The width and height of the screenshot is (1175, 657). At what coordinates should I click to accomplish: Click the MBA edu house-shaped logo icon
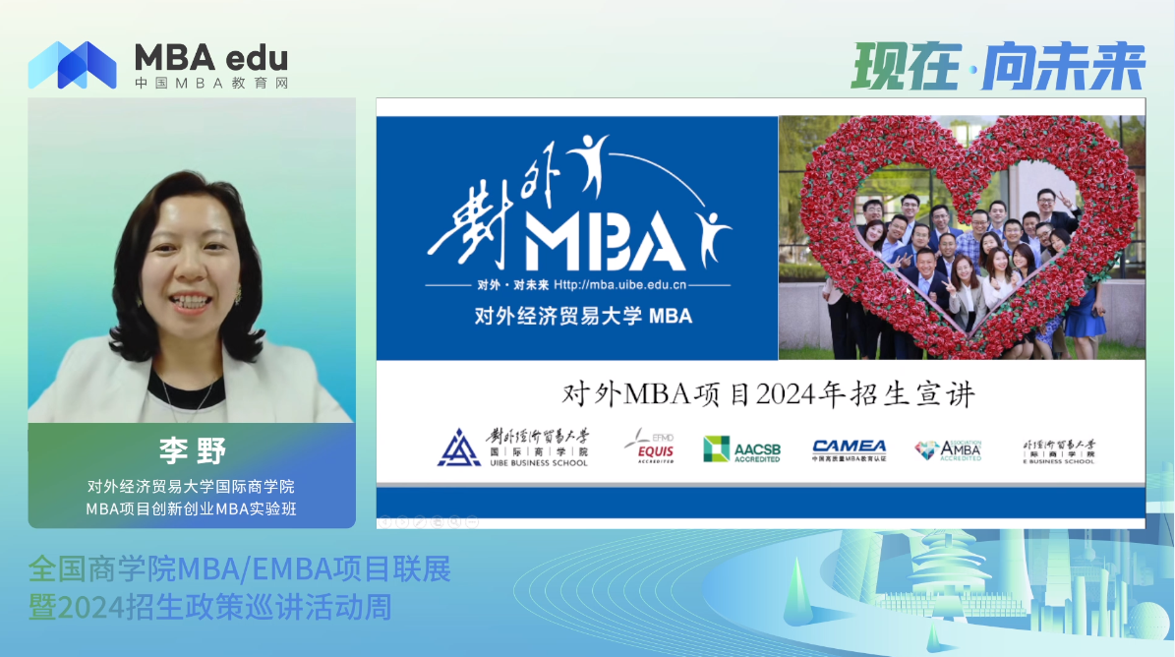coord(73,65)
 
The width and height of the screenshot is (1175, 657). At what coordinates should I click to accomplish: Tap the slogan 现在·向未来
coord(998,66)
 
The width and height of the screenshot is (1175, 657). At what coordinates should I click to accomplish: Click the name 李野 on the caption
coord(193,451)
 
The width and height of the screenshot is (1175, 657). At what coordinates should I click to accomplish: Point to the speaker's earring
coord(237,294)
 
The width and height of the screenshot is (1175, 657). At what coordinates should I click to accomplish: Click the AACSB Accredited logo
coord(742,449)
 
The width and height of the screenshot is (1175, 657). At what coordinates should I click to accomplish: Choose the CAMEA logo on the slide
coord(849,448)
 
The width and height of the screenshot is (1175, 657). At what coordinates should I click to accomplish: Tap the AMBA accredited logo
coord(949,449)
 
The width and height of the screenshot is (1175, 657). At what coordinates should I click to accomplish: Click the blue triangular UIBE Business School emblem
coord(459,448)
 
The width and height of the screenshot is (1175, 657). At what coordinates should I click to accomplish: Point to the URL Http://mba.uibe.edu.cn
coord(619,285)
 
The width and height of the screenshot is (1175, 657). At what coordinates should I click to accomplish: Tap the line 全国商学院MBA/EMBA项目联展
coord(240,568)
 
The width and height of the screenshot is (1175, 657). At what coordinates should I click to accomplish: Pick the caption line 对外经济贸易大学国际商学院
coord(192,486)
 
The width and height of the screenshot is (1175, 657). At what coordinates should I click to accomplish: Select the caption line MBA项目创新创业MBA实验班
coord(192,508)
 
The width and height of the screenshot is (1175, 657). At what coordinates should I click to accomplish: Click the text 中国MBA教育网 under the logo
coord(211,84)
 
